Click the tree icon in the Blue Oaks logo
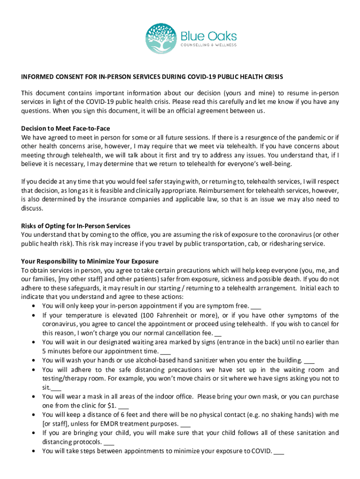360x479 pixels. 161,39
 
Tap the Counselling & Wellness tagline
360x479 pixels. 209,45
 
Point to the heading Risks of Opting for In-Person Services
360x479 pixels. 76,226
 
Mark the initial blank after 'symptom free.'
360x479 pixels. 256,306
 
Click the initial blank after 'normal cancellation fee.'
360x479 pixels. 217,334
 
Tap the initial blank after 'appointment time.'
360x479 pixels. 166,351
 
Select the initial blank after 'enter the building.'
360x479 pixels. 309,361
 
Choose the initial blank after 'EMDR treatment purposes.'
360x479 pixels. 185,424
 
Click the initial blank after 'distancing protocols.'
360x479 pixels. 109,442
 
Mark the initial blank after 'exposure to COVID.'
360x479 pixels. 279,451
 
